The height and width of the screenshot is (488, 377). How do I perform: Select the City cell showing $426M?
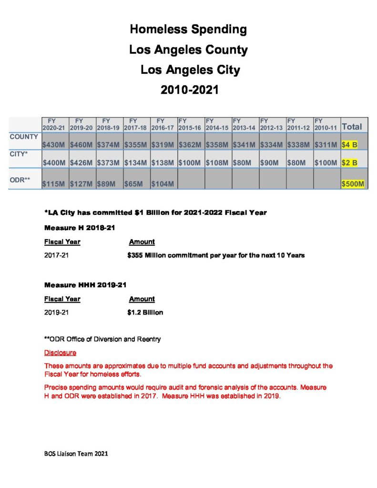pos(82,163)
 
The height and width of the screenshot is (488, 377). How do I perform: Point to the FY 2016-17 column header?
pos(163,125)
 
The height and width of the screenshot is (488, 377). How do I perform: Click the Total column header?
pos(352,127)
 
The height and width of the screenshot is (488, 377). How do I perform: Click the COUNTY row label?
pos(24,137)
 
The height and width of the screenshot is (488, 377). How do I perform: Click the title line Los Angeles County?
pos(188,50)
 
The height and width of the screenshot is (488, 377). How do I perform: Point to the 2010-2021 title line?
pos(189,90)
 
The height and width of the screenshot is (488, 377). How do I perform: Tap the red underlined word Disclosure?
pos(60,353)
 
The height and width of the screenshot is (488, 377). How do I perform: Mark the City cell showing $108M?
pos(217,163)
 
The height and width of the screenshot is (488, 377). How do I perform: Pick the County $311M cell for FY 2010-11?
pos(326,144)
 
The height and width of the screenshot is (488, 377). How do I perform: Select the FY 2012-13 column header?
pos(272,125)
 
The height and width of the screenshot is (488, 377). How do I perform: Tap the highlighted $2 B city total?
pos(349,163)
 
